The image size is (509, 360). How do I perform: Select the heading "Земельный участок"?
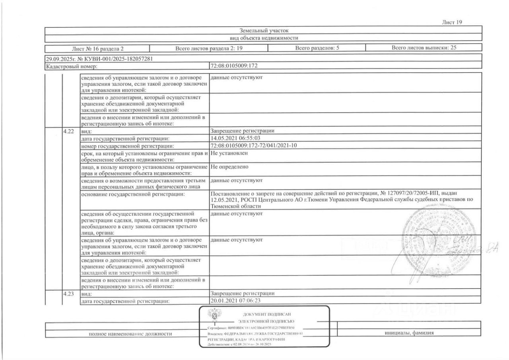[x=264, y=30]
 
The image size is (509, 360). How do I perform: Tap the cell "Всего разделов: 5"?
[x=317, y=49]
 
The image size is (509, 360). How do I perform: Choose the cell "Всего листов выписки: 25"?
[x=424, y=48]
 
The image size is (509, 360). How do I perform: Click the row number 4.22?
[x=69, y=131]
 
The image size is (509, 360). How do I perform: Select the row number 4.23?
[x=69, y=294]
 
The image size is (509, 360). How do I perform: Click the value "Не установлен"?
[x=229, y=153]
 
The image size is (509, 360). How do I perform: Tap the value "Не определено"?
[x=229, y=167]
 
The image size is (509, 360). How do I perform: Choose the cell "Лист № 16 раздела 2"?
[x=98, y=49]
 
